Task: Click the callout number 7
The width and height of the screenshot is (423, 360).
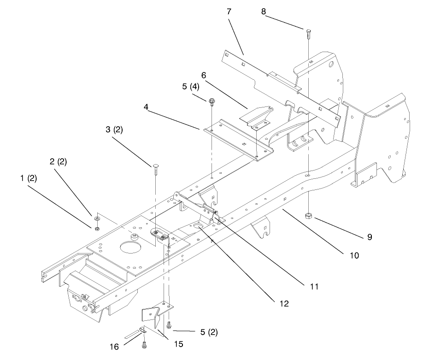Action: point(229,12)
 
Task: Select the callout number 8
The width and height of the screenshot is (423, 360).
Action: point(264,12)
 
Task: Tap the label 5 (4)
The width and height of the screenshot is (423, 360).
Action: point(191,87)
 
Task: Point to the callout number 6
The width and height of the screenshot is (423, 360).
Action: point(204,75)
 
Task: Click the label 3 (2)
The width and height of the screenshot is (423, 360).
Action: point(114,130)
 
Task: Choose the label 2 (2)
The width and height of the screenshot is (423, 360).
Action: point(58,162)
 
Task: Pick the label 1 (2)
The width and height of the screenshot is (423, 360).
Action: point(29,178)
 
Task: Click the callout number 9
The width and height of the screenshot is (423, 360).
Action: point(370,237)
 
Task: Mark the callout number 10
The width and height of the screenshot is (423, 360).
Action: point(354,255)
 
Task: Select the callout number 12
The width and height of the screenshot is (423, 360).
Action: point(284,304)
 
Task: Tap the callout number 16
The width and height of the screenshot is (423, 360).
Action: point(114,347)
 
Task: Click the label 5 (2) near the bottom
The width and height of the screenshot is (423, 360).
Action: point(209,332)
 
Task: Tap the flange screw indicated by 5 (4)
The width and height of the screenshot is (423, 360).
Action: point(211,102)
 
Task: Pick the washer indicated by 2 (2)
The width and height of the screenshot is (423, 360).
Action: point(97,218)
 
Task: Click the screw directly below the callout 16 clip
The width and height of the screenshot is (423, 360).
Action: point(144,344)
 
